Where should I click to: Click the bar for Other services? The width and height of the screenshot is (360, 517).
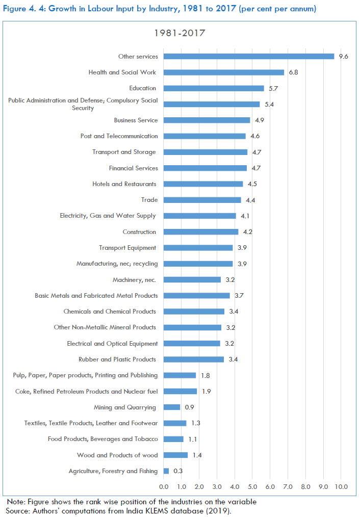point(249,57)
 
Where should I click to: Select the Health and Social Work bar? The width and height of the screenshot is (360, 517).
point(224,72)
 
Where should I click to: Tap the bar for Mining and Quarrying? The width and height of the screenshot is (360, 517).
point(172,407)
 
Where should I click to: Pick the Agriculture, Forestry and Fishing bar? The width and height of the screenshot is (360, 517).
point(166,471)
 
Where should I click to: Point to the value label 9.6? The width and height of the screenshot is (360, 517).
point(343,57)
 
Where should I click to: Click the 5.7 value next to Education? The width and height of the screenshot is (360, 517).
point(273,88)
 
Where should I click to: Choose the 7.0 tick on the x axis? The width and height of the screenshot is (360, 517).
point(288,487)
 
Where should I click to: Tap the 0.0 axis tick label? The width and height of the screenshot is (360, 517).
point(164,487)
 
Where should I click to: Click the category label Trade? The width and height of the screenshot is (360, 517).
point(149,200)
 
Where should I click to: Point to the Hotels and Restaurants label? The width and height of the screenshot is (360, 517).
point(125,184)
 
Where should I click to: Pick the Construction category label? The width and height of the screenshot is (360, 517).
point(139,232)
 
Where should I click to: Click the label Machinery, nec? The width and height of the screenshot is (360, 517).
point(134,280)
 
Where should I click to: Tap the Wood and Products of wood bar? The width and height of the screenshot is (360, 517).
point(176,455)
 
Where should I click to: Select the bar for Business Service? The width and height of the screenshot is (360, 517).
point(207,120)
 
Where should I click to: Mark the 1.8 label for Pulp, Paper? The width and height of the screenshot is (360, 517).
point(205,375)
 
